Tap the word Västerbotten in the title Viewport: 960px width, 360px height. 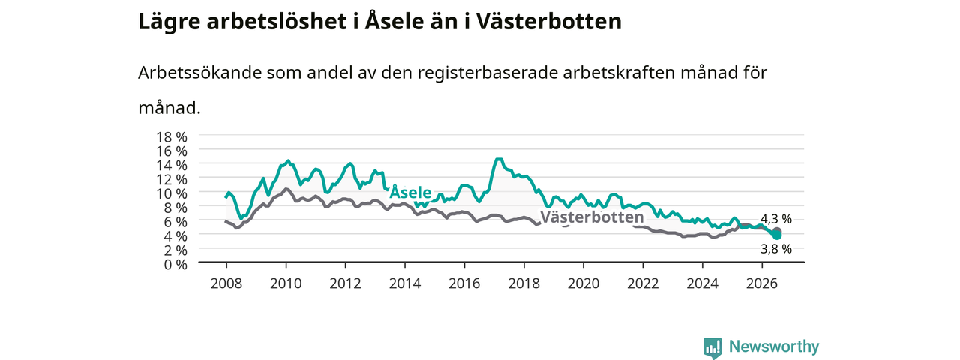click(549, 22)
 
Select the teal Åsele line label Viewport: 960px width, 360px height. click(410, 192)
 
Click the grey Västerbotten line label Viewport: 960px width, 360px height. click(592, 217)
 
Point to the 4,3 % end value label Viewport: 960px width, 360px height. click(776, 219)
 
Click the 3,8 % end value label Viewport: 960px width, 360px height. click(776, 248)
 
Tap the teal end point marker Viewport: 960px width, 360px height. click(777, 235)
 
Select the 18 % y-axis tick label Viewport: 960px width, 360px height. click(172, 137)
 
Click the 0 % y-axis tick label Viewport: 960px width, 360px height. click(175, 265)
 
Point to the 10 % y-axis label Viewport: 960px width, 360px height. click(172, 193)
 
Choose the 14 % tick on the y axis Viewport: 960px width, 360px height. click(172, 166)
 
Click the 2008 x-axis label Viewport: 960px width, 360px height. click(226, 283)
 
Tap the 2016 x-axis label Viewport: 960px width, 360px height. click(464, 283)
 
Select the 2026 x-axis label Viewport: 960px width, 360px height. click(762, 283)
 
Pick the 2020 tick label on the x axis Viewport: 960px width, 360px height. click(583, 283)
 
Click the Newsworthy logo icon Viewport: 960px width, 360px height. click(712, 347)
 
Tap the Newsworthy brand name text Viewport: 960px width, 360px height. click(774, 346)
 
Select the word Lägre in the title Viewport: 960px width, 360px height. click(169, 22)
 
